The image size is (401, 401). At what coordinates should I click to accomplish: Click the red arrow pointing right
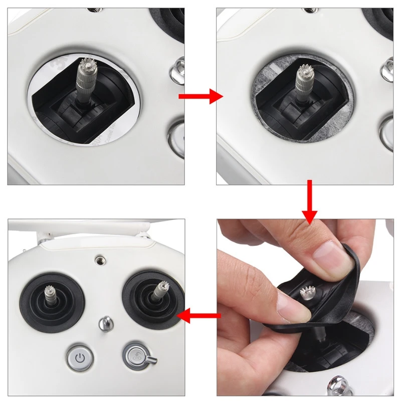(200, 96)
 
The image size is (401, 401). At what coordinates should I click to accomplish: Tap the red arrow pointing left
(199, 315)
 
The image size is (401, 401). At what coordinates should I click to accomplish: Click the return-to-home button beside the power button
(135, 356)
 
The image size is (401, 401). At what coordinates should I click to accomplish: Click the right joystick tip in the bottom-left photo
(161, 287)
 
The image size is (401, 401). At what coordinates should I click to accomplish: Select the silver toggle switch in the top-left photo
(179, 67)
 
